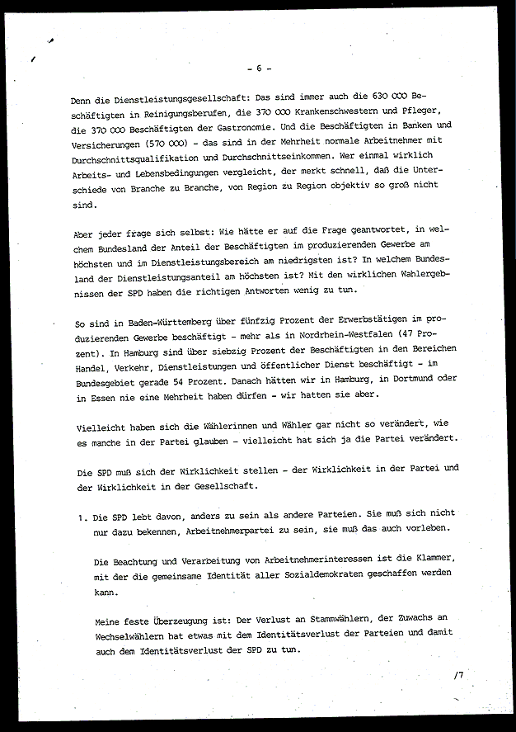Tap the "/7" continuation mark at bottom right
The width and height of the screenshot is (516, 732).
(x=458, y=674)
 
